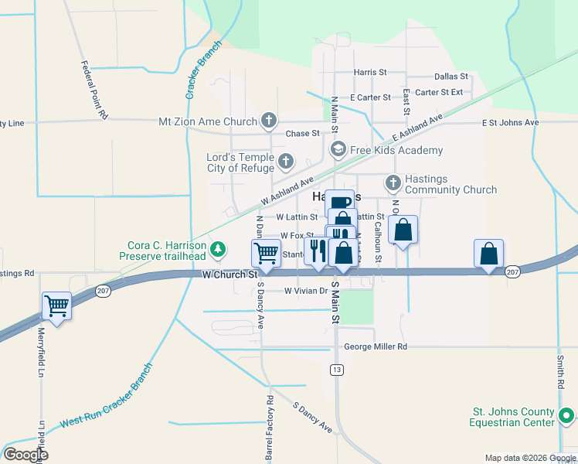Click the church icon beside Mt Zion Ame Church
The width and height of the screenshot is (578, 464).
[x=269, y=121]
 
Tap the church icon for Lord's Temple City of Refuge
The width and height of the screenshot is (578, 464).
[x=286, y=162]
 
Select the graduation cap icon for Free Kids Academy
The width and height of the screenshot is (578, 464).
[x=338, y=149]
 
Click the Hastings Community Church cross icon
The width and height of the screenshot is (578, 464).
[x=393, y=183]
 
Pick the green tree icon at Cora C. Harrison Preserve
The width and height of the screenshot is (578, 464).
[x=219, y=249]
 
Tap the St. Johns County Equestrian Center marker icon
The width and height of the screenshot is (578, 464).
[x=566, y=417]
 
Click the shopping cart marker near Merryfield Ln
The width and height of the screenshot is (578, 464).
[x=57, y=305]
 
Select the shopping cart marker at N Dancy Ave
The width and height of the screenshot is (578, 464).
[x=266, y=252]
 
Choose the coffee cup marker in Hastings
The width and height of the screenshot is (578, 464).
[x=339, y=203]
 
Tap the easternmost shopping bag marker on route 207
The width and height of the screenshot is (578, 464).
[x=489, y=253]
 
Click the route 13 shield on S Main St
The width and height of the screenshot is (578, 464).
[x=336, y=370]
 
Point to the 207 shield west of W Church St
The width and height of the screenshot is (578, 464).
[x=103, y=291]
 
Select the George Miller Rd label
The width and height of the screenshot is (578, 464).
[x=376, y=347]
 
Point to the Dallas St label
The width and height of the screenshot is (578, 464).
[x=450, y=77]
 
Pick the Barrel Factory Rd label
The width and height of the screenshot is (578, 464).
[x=270, y=429]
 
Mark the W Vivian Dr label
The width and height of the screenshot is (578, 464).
[x=306, y=292]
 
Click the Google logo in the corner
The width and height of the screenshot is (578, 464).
[x=26, y=454]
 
